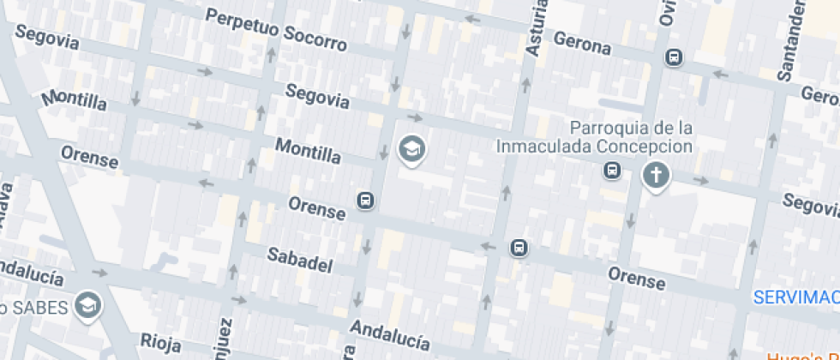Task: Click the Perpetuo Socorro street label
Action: (276, 30)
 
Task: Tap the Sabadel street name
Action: (299, 261)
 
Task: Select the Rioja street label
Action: (159, 343)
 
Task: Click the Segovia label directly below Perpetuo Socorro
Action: (317, 96)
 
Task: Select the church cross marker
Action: (657, 177)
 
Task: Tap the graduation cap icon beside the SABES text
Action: (87, 304)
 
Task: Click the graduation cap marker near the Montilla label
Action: (412, 150)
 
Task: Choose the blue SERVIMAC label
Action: (795, 297)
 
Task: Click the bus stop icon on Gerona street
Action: (675, 57)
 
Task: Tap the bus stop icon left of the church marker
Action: (613, 171)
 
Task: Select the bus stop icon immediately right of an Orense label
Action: (365, 201)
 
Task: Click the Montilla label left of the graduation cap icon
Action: (307, 152)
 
